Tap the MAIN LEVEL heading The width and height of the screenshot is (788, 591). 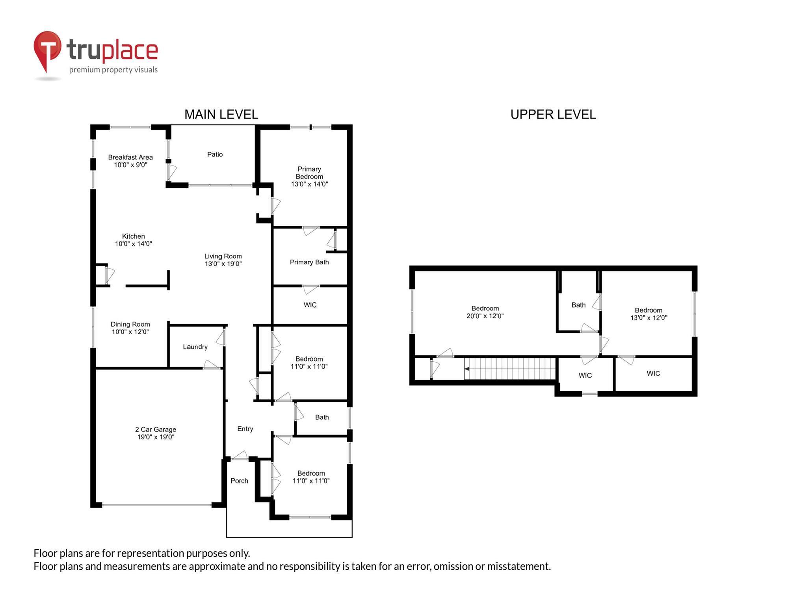[x=221, y=115]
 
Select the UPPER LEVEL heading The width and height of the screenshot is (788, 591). [x=553, y=115]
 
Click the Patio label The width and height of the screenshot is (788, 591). [x=215, y=154]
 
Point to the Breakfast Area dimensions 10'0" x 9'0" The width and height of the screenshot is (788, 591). [x=130, y=165]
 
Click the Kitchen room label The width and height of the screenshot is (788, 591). [x=133, y=236]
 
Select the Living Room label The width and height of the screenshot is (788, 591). [x=223, y=256]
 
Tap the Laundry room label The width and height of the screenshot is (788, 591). [x=195, y=347]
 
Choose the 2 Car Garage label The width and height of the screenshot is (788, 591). [x=156, y=429]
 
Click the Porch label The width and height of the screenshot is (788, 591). [x=239, y=481]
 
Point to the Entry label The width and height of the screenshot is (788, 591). [x=245, y=429]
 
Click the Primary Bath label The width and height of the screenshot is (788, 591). [x=309, y=262]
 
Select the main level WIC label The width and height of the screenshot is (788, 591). [x=310, y=305]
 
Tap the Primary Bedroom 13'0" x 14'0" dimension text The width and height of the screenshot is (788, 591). [x=309, y=184]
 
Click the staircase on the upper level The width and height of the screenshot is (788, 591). [x=510, y=369]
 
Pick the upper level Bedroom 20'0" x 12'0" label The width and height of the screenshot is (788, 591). [x=485, y=312]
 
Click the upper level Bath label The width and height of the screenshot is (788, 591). [x=578, y=305]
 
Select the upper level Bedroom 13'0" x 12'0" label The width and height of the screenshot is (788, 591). [x=649, y=314]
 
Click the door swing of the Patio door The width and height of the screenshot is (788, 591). [x=172, y=172]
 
